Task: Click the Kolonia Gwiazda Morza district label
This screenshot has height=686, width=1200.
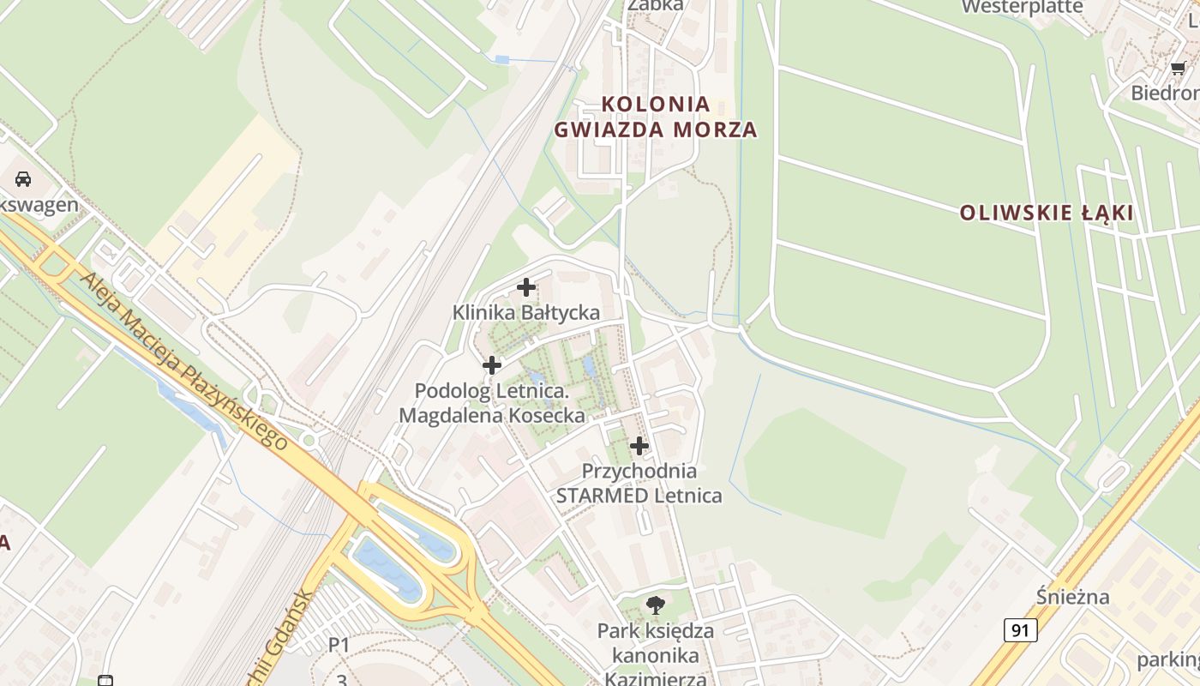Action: pyautogui.click(x=656, y=117)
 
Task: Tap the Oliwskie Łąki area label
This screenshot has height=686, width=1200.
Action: pyautogui.click(x=1047, y=213)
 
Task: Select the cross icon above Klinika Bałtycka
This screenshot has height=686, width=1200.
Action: pyautogui.click(x=526, y=287)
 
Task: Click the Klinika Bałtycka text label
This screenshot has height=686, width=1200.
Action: pyautogui.click(x=526, y=312)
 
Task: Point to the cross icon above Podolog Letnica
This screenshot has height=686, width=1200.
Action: pyautogui.click(x=492, y=365)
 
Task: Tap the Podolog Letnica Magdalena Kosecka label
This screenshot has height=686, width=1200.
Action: pyautogui.click(x=492, y=403)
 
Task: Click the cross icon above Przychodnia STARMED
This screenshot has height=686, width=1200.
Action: pyautogui.click(x=639, y=446)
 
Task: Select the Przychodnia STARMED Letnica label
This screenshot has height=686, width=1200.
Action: pyautogui.click(x=639, y=483)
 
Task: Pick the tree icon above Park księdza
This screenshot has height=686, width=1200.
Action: pyautogui.click(x=656, y=605)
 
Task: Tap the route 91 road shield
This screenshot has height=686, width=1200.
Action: pyautogui.click(x=1020, y=630)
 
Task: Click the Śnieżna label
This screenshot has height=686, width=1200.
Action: pyautogui.click(x=1072, y=597)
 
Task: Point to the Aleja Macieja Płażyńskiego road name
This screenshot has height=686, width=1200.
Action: pyautogui.click(x=183, y=360)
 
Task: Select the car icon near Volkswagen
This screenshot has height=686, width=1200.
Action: pyautogui.click(x=23, y=179)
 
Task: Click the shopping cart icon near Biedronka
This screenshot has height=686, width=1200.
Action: pyautogui.click(x=1179, y=68)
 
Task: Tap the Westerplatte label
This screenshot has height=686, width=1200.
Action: pyautogui.click(x=1022, y=8)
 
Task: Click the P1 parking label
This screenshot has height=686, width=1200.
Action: pyautogui.click(x=339, y=645)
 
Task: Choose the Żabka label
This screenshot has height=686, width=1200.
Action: pyautogui.click(x=656, y=5)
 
